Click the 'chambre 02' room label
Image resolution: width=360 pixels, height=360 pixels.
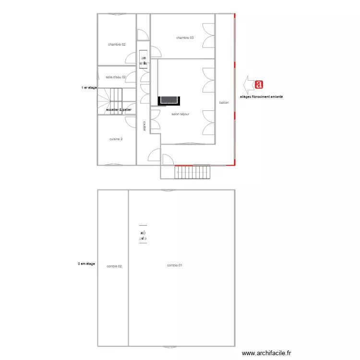click(x=117, y=45)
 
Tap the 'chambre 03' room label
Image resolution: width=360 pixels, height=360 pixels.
click(x=185, y=37)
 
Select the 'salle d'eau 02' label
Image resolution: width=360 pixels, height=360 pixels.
click(x=116, y=77)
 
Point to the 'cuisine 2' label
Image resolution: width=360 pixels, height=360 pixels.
click(x=116, y=139)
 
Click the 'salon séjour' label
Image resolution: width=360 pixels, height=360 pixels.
click(x=180, y=114)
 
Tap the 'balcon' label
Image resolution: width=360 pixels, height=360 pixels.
click(x=224, y=103)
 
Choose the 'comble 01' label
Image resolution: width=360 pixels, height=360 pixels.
click(x=175, y=265)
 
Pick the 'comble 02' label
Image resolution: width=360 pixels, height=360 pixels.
click(x=114, y=266)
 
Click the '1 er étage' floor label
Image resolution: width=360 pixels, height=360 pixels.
click(x=89, y=88)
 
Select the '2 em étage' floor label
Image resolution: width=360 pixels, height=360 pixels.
click(x=86, y=264)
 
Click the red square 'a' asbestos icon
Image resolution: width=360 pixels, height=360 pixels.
click(x=259, y=85)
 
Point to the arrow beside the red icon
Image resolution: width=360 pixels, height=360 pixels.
click(x=249, y=85)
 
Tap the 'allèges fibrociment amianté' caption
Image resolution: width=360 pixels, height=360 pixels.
click(x=262, y=96)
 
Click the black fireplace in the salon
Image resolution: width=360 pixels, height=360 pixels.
click(x=170, y=100)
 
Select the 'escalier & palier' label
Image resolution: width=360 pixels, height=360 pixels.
click(x=119, y=110)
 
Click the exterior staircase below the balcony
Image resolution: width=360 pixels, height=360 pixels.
click(x=192, y=172)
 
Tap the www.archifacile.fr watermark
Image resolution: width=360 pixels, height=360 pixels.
click(x=266, y=353)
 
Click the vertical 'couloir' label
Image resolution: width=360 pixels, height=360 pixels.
click(x=144, y=125)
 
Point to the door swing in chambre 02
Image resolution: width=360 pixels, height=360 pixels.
click(x=131, y=59)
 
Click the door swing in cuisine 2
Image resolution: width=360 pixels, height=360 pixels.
click(x=130, y=121)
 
